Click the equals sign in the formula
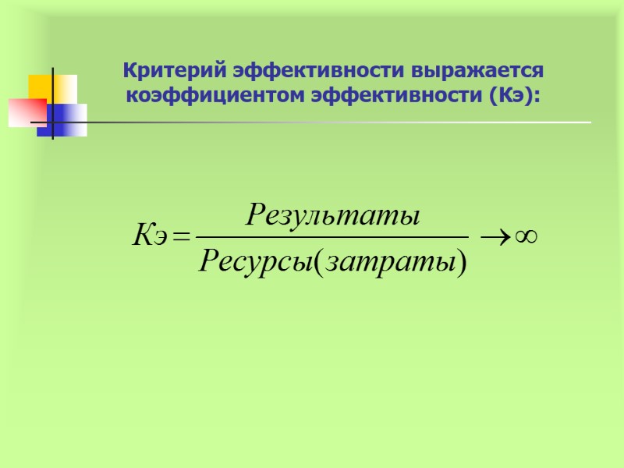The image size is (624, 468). (x=181, y=235)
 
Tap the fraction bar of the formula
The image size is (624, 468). (x=331, y=235)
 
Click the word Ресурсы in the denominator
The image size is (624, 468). (x=254, y=262)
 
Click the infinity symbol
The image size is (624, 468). (x=526, y=234)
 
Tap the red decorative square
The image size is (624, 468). (x=27, y=112)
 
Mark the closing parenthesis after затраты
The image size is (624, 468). (x=461, y=263)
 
